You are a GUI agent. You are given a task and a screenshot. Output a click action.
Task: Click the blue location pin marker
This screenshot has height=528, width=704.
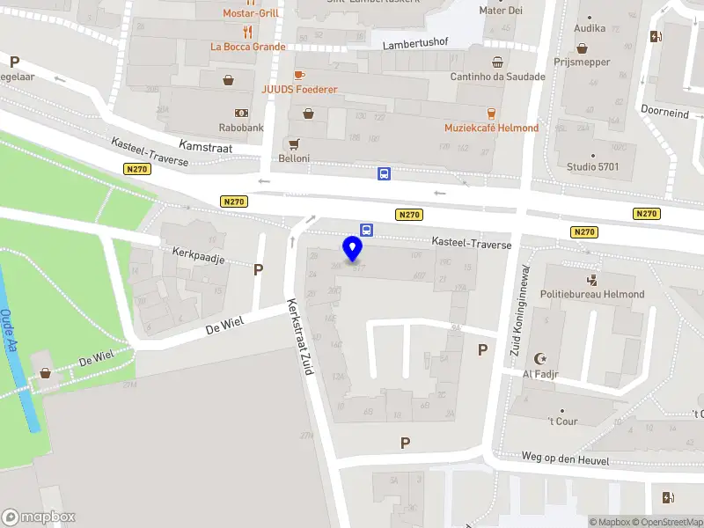(353, 249)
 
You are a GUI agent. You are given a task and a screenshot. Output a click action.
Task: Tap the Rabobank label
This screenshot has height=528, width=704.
(242, 128)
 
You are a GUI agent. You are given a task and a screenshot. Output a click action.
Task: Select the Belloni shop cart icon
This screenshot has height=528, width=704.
(294, 143)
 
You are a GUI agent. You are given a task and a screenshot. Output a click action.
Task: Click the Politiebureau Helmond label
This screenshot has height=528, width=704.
(592, 294)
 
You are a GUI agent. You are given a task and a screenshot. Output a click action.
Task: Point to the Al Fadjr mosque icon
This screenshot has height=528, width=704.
(540, 359)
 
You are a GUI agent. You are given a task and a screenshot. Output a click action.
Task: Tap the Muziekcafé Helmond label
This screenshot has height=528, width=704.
(491, 128)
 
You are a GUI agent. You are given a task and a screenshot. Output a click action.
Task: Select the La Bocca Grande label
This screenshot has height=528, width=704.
(247, 47)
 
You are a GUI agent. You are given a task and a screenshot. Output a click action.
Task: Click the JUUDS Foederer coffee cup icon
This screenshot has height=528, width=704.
(299, 75)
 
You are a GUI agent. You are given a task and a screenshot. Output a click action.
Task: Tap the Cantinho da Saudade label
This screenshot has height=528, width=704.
(497, 77)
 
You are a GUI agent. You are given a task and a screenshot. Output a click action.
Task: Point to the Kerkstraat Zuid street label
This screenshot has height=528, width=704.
(300, 338)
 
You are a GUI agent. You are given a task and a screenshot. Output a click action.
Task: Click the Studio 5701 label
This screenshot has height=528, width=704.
(592, 166)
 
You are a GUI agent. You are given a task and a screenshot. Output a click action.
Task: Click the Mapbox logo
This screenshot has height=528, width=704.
(39, 517)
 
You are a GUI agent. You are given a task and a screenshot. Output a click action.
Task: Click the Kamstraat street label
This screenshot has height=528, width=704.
(204, 148)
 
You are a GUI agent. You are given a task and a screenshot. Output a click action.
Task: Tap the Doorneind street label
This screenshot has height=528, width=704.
(664, 113)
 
